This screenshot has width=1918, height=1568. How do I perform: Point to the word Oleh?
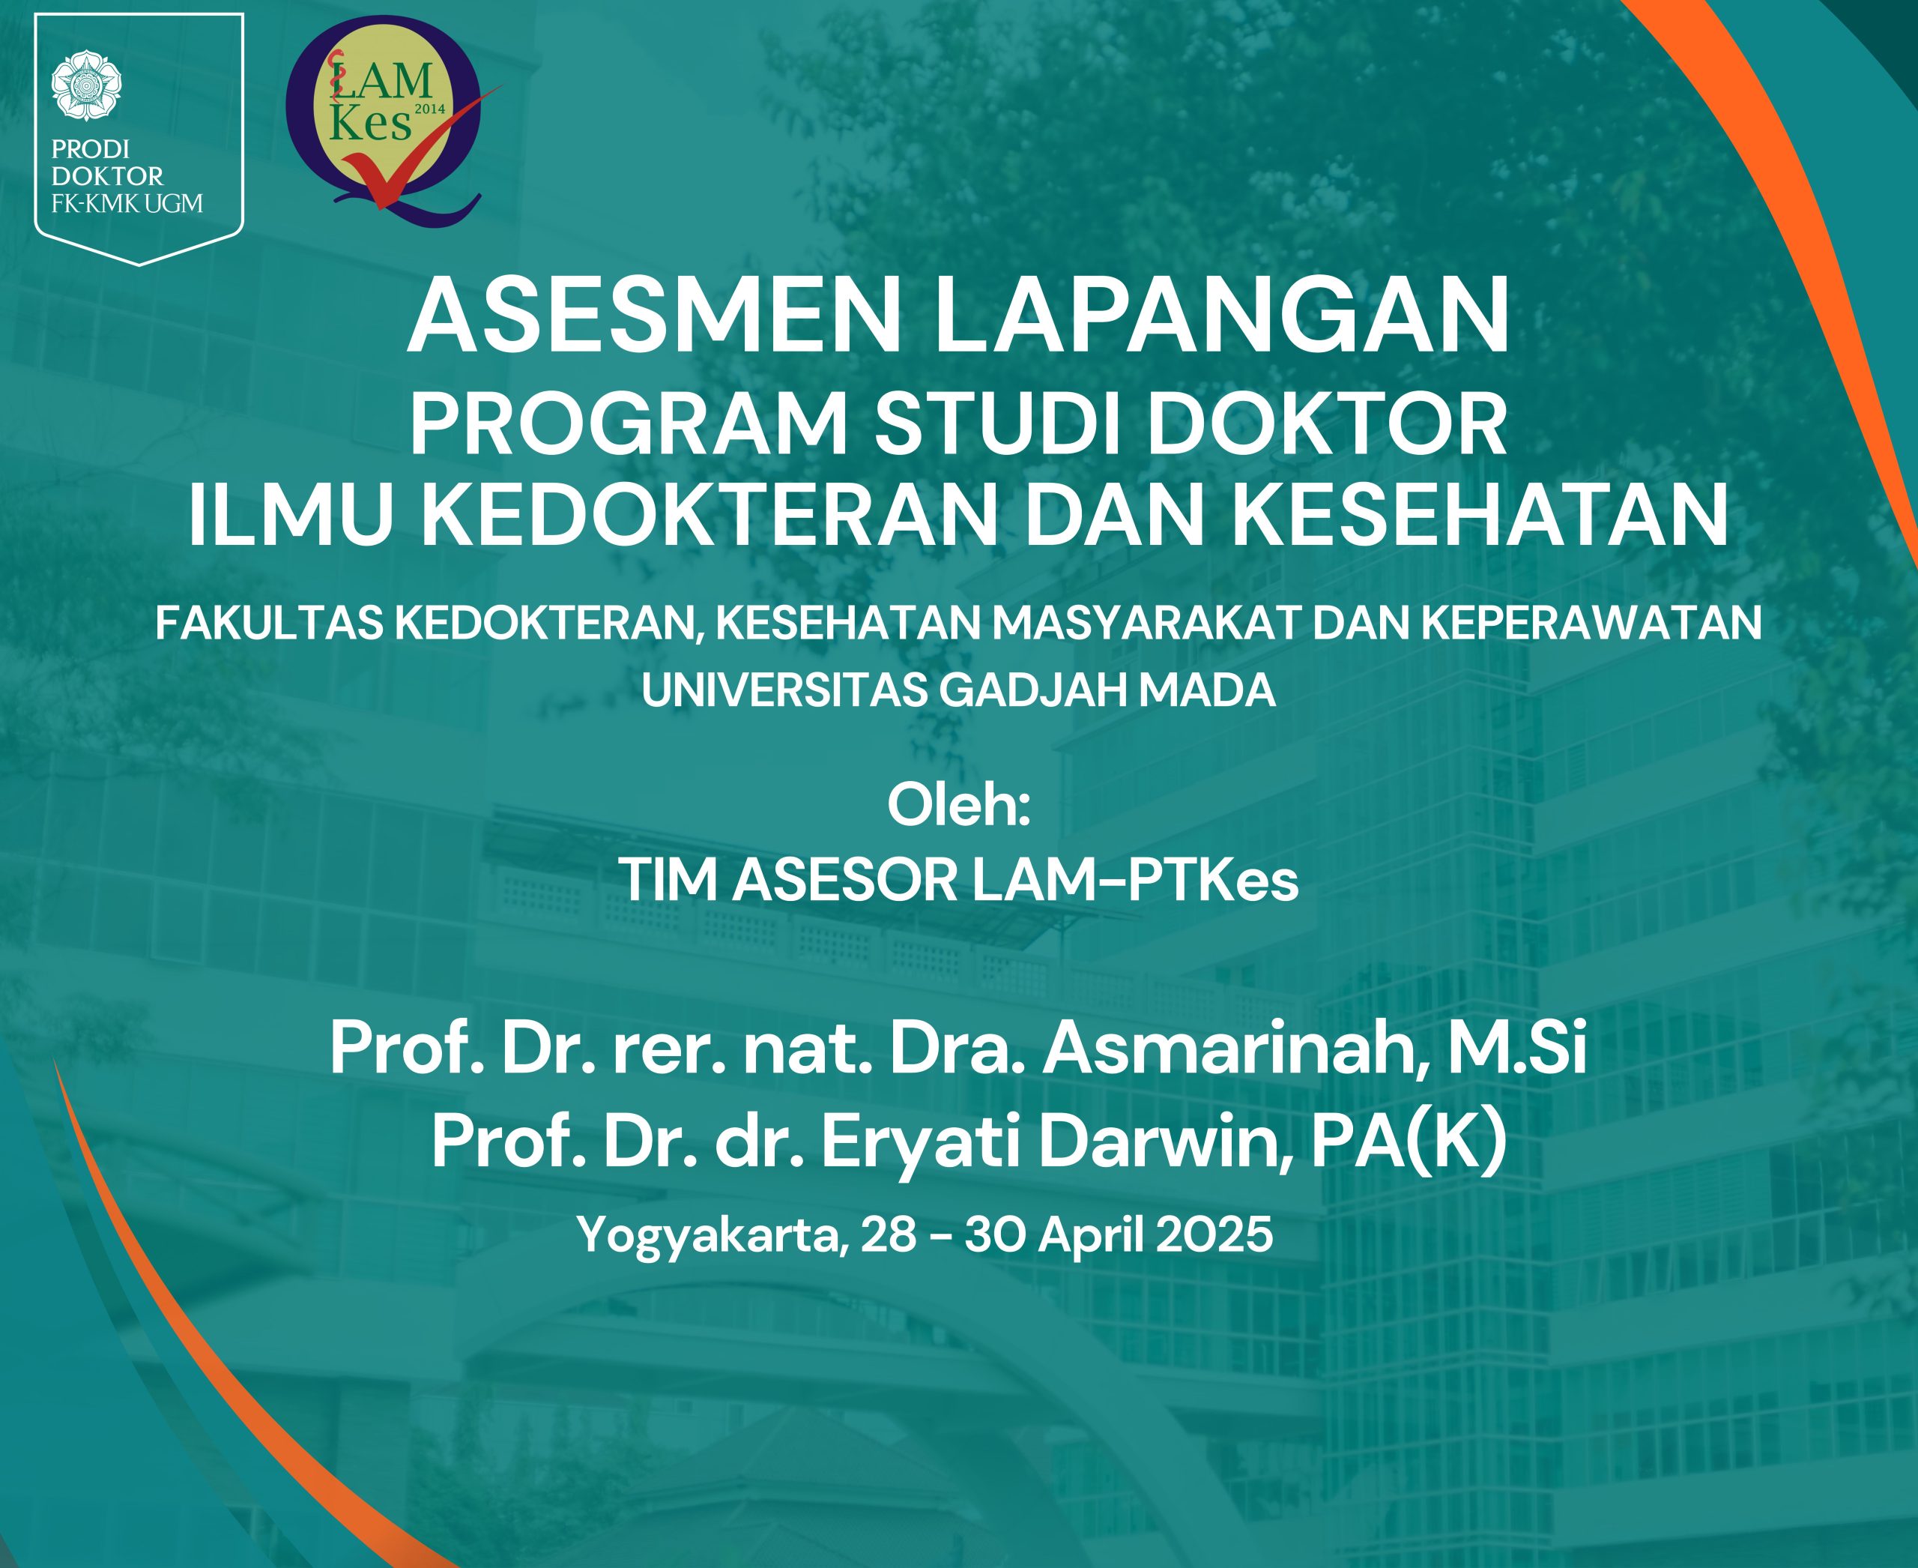958,806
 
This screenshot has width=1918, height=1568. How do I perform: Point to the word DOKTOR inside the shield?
107,175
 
